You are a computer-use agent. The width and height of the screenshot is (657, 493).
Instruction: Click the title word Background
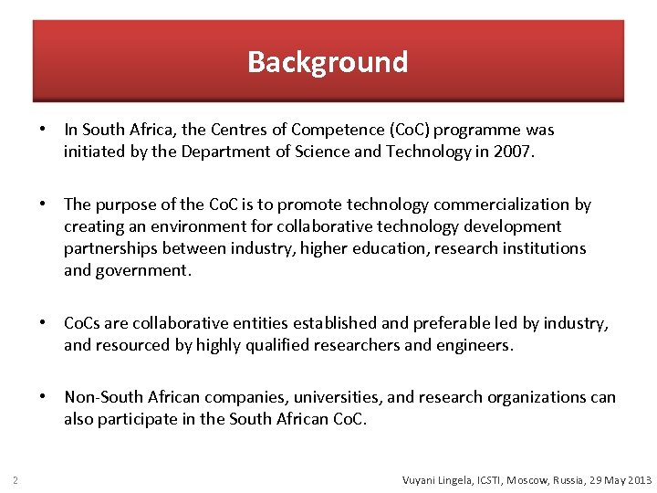click(328, 62)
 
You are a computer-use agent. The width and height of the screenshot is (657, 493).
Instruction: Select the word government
click(145, 270)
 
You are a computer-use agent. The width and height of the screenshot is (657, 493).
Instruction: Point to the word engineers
click(475, 345)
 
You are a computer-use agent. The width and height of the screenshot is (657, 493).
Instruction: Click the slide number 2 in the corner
click(16, 480)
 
